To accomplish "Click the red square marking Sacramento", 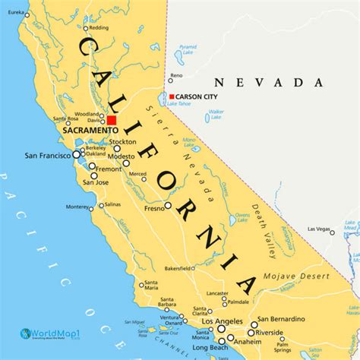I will pyautogui.click(x=112, y=120).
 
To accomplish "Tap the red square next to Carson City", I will pyautogui.click(x=172, y=96).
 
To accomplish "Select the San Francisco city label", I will pyautogui.click(x=48, y=156).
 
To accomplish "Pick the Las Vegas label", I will pyautogui.click(x=320, y=229).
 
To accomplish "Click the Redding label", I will pyautogui.click(x=98, y=27).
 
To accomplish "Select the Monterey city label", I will pyautogui.click(x=77, y=207).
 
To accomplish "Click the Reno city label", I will pyautogui.click(x=176, y=75).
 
